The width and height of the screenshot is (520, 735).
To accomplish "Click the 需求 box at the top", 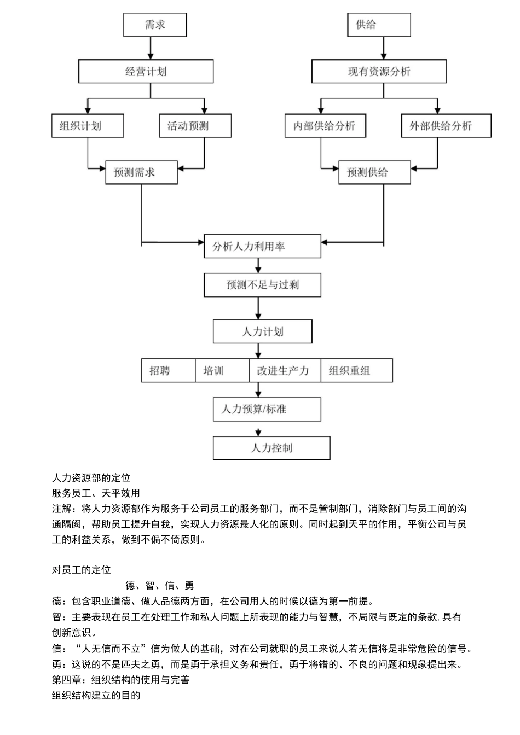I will point(155,25).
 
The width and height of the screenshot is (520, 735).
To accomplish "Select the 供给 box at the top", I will point(379,25).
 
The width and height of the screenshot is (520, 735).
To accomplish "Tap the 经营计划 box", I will point(146,72).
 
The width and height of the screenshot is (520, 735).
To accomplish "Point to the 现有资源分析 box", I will point(379,72).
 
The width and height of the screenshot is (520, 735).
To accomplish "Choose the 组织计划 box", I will point(88,126).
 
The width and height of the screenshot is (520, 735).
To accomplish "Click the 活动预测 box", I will point(195,126).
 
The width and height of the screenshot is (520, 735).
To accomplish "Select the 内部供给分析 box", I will point(325,126).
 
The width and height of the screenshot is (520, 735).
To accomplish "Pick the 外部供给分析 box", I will point(446,126).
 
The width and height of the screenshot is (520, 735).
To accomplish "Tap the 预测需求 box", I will point(141,172).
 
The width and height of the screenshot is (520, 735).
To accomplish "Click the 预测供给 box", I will point(374,172).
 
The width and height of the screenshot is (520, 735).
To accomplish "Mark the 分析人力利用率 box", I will point(262,246).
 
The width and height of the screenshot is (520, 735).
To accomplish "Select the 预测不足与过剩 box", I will point(262,285).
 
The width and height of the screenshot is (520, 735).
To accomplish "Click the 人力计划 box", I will point(262,332).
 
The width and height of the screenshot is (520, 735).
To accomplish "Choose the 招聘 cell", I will point(168,371).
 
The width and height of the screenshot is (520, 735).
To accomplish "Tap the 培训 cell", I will point(222,371).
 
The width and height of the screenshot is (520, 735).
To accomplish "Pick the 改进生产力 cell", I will point(285,371).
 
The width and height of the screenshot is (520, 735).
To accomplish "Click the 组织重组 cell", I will point(356,371).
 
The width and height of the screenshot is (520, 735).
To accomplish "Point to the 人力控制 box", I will point(271,448).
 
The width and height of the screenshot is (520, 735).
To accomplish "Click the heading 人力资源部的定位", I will point(91,478).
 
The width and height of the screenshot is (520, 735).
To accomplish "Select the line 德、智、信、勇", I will point(160,586).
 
